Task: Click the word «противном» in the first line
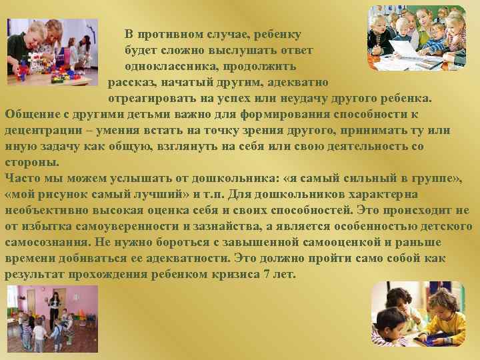[x=167, y=34]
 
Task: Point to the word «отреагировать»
[x=151, y=99]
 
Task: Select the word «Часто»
[x=21, y=178]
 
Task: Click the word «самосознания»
[x=46, y=243]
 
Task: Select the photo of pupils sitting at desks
[x=417, y=38]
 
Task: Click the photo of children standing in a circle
[x=52, y=319]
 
